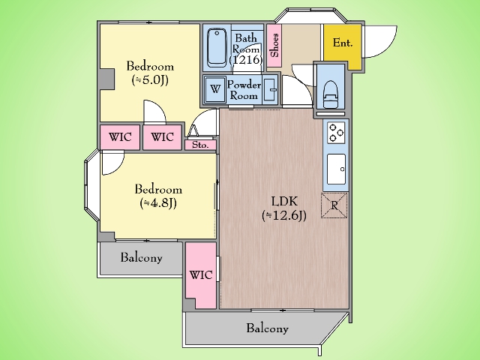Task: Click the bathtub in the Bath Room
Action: [x=217, y=47]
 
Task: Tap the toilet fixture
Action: [x=331, y=94]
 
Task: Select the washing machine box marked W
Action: [x=215, y=89]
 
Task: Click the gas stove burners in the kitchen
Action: [x=336, y=132]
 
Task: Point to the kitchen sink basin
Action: [x=336, y=169]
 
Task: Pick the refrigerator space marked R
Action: [x=334, y=205]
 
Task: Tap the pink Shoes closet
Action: [x=274, y=45]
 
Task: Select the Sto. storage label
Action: [x=200, y=145]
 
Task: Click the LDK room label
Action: [x=284, y=202]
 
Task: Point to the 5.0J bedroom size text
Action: [x=150, y=80]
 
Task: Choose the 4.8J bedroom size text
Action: [x=158, y=203]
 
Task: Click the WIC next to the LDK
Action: [x=201, y=275]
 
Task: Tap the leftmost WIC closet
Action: [x=120, y=137]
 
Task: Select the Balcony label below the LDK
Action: [x=267, y=328]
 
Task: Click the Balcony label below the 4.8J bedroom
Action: [x=141, y=257]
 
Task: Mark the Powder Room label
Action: [x=244, y=90]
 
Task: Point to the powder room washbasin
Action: [x=270, y=89]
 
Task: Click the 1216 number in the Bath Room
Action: [x=246, y=59]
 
